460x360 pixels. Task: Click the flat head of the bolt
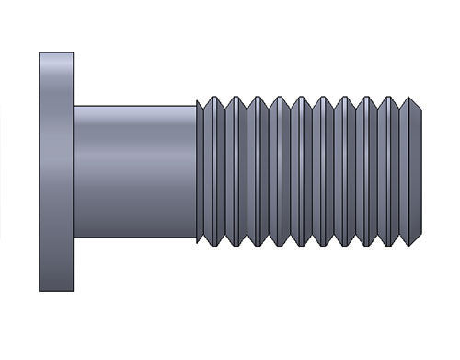[56, 171]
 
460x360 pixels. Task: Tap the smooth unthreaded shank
[134, 171]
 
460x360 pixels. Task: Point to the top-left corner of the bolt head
[40, 52]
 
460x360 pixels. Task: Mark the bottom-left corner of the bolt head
[40, 291]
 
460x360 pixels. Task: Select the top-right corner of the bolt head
[74, 52]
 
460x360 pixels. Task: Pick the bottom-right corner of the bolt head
[74, 291]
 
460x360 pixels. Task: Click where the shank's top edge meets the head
[75, 106]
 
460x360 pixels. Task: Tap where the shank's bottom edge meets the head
[75, 238]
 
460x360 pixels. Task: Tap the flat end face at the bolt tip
[423, 171]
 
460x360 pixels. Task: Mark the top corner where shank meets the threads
[197, 106]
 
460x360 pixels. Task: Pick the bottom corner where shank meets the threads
[197, 238]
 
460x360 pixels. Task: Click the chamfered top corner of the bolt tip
[419, 107]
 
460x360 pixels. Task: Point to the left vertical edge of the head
[40, 171]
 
